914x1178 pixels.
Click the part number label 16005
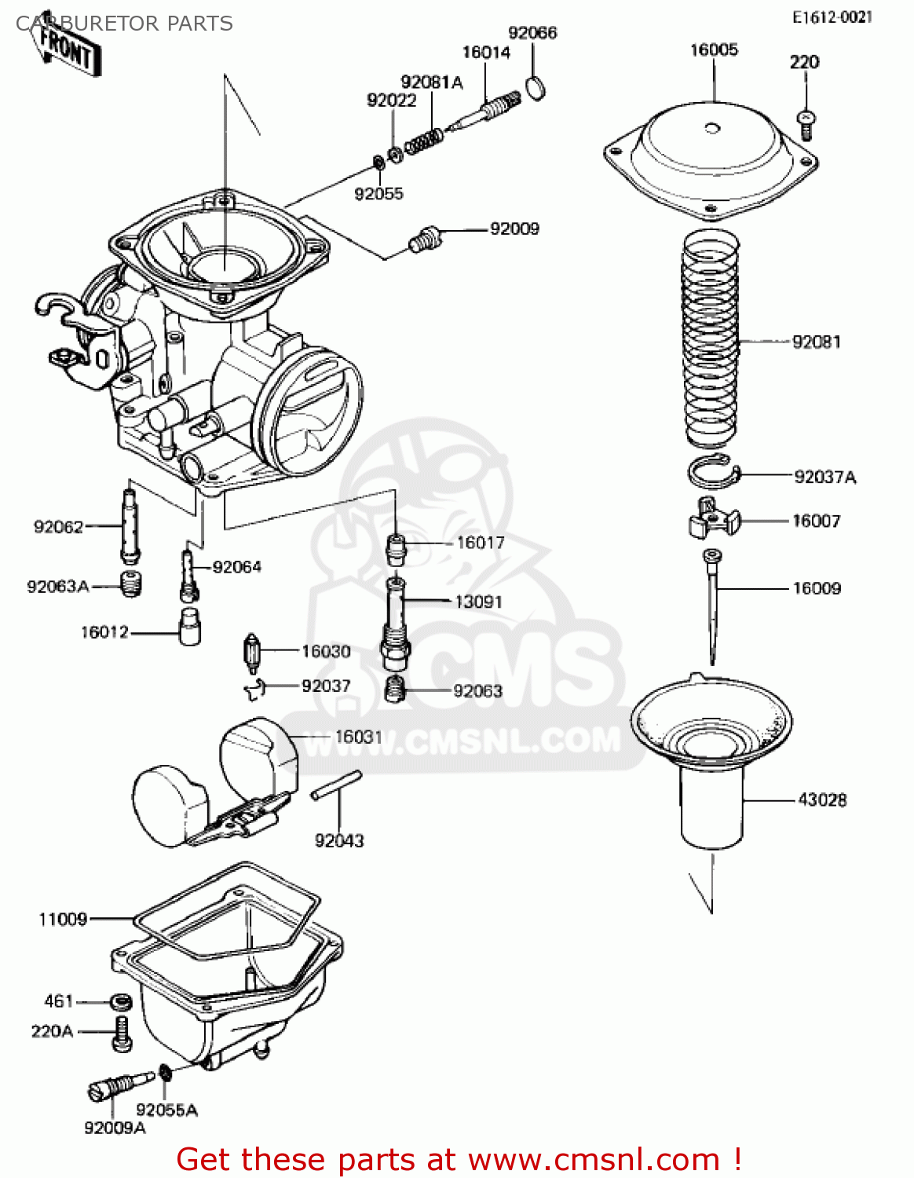click(x=714, y=50)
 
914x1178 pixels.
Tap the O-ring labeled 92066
click(x=535, y=88)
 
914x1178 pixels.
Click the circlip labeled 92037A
click(x=713, y=474)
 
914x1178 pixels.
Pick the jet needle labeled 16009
click(x=712, y=605)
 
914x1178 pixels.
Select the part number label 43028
click(x=822, y=800)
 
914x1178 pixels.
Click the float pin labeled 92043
click(x=336, y=785)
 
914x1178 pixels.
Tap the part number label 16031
click(x=358, y=737)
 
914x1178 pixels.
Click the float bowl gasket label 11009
click(x=63, y=919)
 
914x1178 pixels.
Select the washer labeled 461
click(x=120, y=1002)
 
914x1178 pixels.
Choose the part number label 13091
click(x=478, y=602)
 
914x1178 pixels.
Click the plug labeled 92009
click(x=425, y=239)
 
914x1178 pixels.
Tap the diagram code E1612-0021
click(x=832, y=17)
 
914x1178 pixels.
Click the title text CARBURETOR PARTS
click(x=124, y=24)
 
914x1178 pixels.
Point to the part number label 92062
click(x=58, y=526)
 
